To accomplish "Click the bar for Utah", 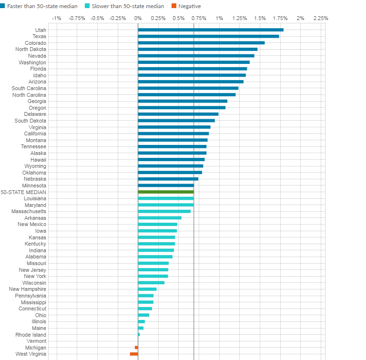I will tap(211, 30).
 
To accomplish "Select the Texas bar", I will tap(208, 36).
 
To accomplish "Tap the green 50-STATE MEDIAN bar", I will tap(166, 192).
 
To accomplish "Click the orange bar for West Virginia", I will tap(134, 354).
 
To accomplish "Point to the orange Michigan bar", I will tap(136, 348).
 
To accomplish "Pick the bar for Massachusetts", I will tap(164, 211).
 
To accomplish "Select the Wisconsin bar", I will tap(151, 283).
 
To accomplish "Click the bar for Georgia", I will tap(183, 101).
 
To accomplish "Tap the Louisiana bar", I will tap(166, 198).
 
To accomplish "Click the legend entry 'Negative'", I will tap(189, 6).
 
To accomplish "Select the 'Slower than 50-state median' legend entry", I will tap(137, 6).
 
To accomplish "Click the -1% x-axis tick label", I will tap(56, 18).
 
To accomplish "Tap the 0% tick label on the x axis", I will tap(138, 18).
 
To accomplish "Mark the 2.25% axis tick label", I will tap(321, 18).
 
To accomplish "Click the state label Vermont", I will tap(37, 341).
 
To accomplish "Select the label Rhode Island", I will tap(31, 335).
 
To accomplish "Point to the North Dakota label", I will tap(31, 49).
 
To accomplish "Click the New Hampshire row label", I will tap(28, 289).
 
